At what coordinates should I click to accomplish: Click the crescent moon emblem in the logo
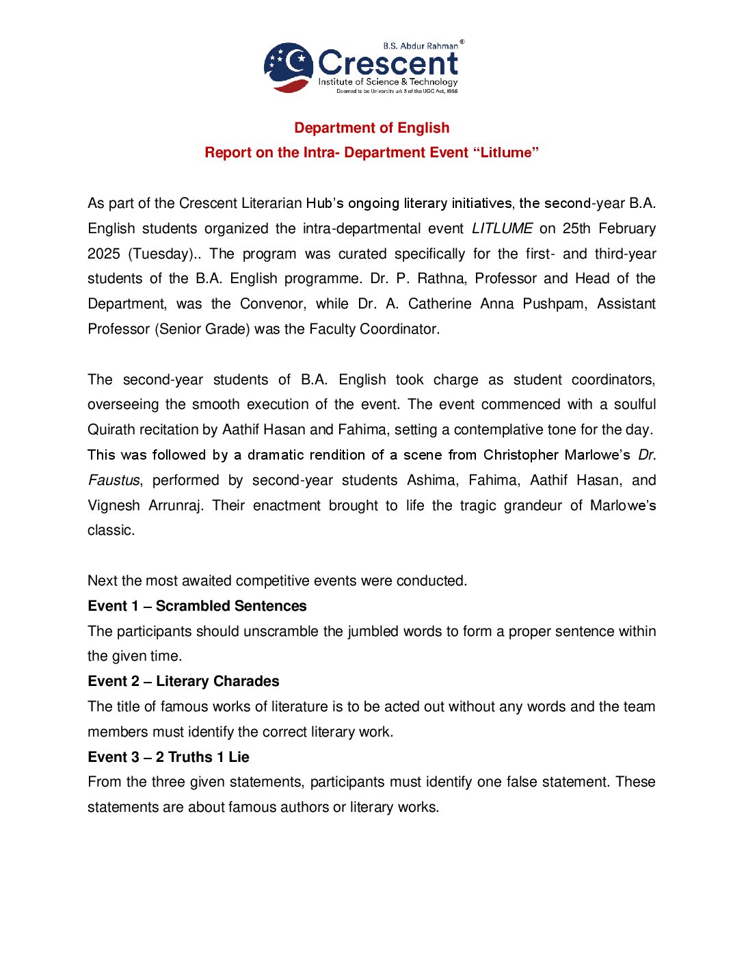[289, 66]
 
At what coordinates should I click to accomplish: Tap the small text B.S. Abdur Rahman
[420, 46]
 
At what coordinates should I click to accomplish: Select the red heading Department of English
[371, 128]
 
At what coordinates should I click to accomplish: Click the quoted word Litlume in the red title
[505, 153]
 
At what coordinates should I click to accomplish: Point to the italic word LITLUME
[502, 228]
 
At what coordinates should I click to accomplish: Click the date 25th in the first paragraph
[576, 228]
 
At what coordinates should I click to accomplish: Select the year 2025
[104, 254]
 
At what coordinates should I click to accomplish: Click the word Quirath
[112, 430]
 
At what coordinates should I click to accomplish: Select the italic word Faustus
[114, 480]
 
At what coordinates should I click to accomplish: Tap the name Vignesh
[114, 505]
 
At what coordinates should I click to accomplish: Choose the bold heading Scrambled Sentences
[231, 606]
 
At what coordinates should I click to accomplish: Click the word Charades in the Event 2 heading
[246, 681]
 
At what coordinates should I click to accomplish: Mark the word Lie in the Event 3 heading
[239, 757]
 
